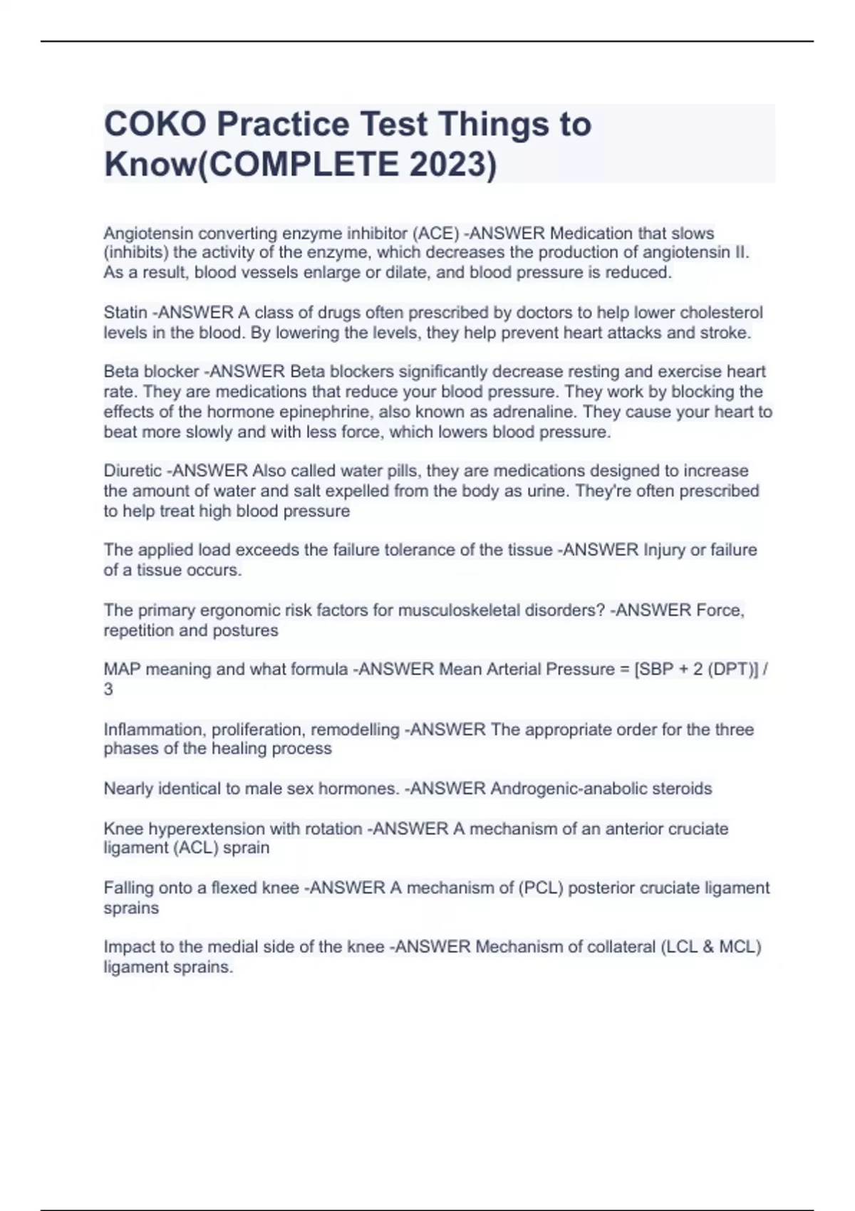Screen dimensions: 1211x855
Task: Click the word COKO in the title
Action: [x=154, y=125]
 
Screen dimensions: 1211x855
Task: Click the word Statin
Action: [x=125, y=313]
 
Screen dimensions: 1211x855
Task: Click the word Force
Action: [x=720, y=610]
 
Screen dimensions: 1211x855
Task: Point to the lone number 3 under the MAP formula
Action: [x=108, y=690]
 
